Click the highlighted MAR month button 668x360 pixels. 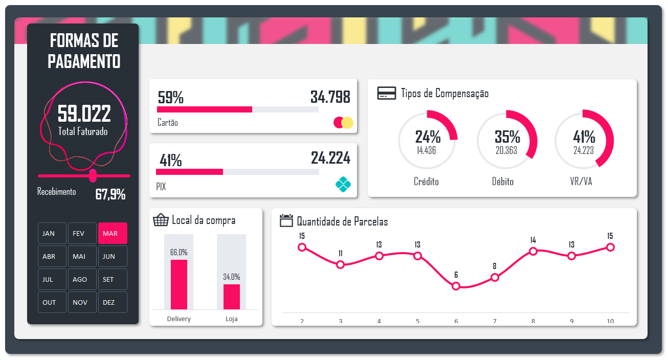(113, 233)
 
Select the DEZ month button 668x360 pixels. (113, 302)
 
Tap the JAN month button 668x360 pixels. (52, 233)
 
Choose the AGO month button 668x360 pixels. (82, 279)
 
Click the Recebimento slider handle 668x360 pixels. (93, 175)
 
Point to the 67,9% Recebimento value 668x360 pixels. (110, 195)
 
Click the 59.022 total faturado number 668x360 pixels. (84, 114)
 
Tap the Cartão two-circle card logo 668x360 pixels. (343, 123)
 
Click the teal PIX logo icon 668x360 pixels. (343, 184)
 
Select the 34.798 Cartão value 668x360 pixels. (330, 97)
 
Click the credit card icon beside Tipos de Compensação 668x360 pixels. (386, 93)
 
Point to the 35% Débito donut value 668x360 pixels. (507, 137)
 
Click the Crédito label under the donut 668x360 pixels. (426, 182)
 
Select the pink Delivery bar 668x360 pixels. (179, 284)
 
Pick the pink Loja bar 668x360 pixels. (232, 297)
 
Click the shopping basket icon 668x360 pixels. (161, 220)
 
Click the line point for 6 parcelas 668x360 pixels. (456, 286)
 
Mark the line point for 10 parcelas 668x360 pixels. (610, 247)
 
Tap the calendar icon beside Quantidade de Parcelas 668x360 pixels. (286, 221)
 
